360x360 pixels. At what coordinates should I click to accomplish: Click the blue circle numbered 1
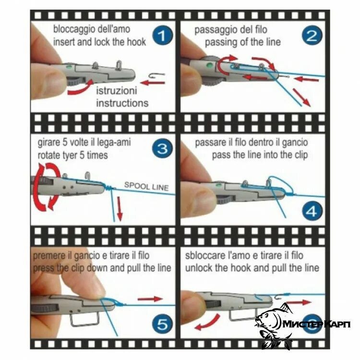(x=163, y=36)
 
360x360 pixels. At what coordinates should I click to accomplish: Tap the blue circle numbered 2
(x=312, y=36)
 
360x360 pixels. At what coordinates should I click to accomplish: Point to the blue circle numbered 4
(x=312, y=211)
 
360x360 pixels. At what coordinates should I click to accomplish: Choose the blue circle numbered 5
(x=163, y=324)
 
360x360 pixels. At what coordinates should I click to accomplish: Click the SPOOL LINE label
(x=146, y=186)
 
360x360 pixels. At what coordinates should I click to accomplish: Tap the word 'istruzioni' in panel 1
(x=117, y=90)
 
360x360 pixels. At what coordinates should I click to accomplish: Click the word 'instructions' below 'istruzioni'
(x=122, y=103)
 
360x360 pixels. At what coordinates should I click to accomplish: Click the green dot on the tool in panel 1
(x=69, y=68)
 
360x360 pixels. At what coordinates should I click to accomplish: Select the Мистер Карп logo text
(x=316, y=324)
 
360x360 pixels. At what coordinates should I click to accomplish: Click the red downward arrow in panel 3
(x=120, y=208)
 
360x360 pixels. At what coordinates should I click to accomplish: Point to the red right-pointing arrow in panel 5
(x=150, y=299)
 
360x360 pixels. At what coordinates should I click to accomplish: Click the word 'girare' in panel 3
(x=48, y=143)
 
